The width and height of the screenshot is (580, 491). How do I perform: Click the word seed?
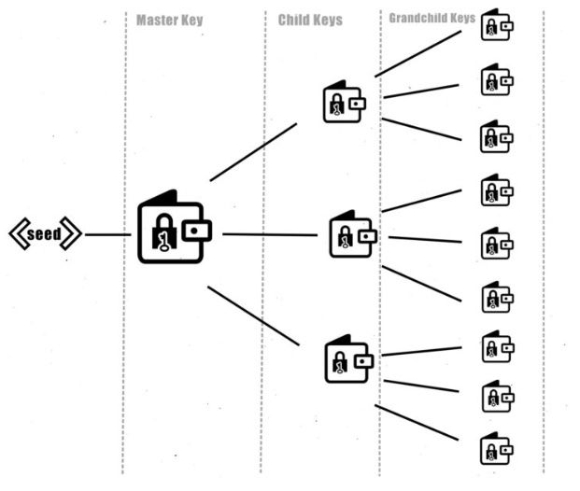[x=45, y=234]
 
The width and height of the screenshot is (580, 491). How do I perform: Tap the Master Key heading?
[x=169, y=19]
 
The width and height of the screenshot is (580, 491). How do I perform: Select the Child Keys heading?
[x=310, y=19]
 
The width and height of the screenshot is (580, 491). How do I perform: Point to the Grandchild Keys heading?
[x=431, y=17]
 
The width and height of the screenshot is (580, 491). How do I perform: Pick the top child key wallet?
[x=343, y=103]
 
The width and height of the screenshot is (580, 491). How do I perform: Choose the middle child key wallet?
[x=351, y=234]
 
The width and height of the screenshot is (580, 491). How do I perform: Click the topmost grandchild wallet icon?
[x=495, y=25]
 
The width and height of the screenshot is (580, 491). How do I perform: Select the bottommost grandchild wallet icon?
[x=495, y=449]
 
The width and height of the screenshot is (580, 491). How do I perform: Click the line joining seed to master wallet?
[x=107, y=234]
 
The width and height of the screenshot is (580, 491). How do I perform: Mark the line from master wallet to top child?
[x=253, y=152]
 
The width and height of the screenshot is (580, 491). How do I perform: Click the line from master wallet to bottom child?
[x=253, y=316]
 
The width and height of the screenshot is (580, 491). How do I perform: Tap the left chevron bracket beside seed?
[x=18, y=234]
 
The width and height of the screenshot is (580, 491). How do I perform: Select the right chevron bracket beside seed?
[x=72, y=234]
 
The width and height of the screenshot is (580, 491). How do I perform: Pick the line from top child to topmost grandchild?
[x=417, y=53]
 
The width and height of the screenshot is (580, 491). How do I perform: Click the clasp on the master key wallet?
[x=197, y=230]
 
